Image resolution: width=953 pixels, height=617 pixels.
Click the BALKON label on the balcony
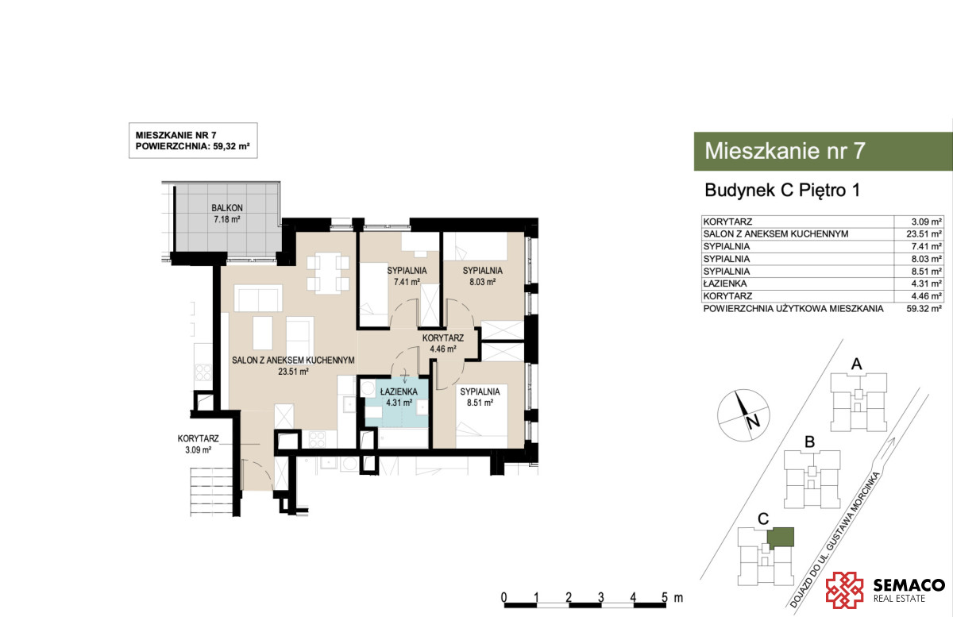coord(227,208)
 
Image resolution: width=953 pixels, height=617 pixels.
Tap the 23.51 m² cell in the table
coord(924,234)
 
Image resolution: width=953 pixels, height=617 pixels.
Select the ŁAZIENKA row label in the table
coord(725,283)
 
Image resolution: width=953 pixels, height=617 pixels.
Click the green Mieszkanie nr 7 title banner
coord(823,151)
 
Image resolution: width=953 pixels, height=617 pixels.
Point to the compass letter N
coord(753,422)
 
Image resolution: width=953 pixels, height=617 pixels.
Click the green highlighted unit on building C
coord(781,537)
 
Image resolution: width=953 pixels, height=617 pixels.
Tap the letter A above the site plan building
coord(856,364)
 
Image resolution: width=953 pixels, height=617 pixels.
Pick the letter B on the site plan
coord(809,442)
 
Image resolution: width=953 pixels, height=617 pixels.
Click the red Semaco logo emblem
coord(844,590)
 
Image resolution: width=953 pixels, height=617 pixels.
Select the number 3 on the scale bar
coord(600,597)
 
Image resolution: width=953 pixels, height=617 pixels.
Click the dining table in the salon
coord(328,272)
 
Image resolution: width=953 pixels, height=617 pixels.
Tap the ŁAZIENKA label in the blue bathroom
coord(399,391)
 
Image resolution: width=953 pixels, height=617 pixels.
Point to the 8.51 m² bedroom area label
coord(480,403)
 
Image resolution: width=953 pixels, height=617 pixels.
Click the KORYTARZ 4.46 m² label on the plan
coord(443,343)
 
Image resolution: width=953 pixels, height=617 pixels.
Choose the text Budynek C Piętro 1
coord(782,191)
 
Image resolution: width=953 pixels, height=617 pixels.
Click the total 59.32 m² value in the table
coord(924,309)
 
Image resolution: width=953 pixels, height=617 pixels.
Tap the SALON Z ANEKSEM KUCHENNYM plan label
coord(293,360)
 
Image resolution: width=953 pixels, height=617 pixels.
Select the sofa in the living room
coord(258,298)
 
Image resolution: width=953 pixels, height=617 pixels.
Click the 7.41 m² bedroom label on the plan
coord(407,282)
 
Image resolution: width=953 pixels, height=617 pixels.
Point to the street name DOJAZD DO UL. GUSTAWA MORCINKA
coord(835,540)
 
